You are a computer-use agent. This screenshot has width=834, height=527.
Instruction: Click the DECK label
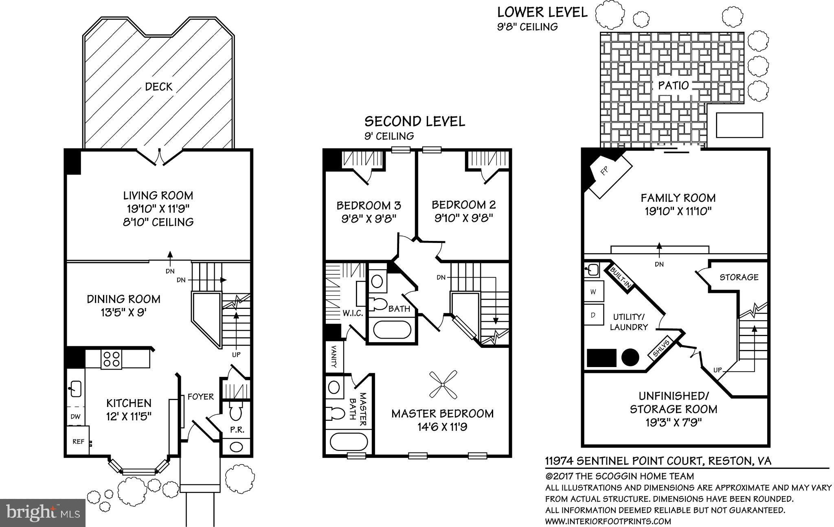click(x=159, y=87)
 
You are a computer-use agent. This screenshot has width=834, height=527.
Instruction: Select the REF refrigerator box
click(x=78, y=441)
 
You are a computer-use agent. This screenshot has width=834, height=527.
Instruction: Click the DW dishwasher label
click(x=76, y=416)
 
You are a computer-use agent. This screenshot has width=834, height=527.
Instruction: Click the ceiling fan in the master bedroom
click(x=443, y=385)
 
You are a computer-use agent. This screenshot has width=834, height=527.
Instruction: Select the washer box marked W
click(x=593, y=291)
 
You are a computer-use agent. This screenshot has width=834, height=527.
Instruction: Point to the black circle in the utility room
click(x=630, y=358)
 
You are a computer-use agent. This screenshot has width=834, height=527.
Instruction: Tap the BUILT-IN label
click(x=620, y=277)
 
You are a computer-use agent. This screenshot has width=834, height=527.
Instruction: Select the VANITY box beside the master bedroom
click(x=334, y=357)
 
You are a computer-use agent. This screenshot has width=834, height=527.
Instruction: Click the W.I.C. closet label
click(x=353, y=313)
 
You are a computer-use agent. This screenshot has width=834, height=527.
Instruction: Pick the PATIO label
click(x=674, y=85)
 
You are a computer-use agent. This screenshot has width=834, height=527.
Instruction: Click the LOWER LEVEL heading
click(x=542, y=12)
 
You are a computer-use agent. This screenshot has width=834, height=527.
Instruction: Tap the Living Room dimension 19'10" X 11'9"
click(x=159, y=209)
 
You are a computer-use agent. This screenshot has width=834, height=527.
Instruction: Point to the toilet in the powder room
click(x=235, y=412)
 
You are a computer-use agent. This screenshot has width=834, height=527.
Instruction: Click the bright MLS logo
click(x=43, y=512)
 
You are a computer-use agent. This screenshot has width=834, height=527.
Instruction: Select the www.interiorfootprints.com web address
click(x=608, y=521)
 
